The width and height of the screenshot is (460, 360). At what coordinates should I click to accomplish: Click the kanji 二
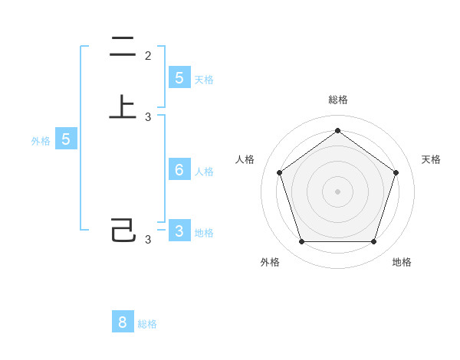123,47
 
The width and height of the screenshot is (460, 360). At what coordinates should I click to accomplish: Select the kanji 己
123,230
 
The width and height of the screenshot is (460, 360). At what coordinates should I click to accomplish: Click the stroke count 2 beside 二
148,56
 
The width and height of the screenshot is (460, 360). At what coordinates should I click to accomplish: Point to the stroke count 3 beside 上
148,117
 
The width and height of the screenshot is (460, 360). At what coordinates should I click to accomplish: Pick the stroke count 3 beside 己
148,240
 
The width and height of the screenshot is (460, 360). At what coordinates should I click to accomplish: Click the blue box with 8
123,322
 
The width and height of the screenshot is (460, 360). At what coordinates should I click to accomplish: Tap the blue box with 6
179,170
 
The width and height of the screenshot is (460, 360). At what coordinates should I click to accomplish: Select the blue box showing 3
179,231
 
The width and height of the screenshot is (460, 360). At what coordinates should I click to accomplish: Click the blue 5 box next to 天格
179,78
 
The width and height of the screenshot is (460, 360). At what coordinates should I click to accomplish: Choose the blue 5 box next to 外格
66,139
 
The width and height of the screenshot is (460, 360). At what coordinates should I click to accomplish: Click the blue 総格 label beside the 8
147,324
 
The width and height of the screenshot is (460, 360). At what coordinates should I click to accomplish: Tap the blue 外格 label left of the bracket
40,141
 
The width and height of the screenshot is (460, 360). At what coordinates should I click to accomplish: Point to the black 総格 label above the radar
337,100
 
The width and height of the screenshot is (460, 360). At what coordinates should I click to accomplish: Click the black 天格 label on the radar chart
431,159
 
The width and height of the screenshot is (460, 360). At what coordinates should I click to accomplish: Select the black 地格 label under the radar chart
402,262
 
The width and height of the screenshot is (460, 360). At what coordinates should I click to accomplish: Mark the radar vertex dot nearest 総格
337,131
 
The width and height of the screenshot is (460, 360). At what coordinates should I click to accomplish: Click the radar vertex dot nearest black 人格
279,172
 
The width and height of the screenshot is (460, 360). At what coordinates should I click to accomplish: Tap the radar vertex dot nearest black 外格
301,242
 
